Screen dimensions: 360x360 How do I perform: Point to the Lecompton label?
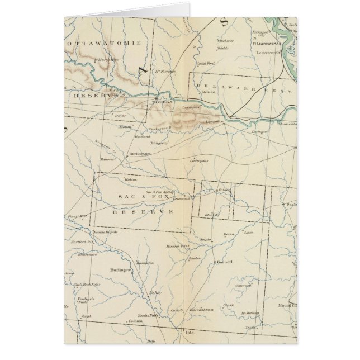[x=216, y=121]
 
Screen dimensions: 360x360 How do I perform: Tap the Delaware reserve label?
[x=240, y=87]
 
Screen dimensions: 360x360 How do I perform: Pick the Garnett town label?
[x=226, y=261]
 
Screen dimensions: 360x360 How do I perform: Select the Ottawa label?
[x=224, y=190]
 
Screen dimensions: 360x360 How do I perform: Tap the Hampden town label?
[x=144, y=262]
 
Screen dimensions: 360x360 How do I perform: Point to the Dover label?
[x=121, y=116]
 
